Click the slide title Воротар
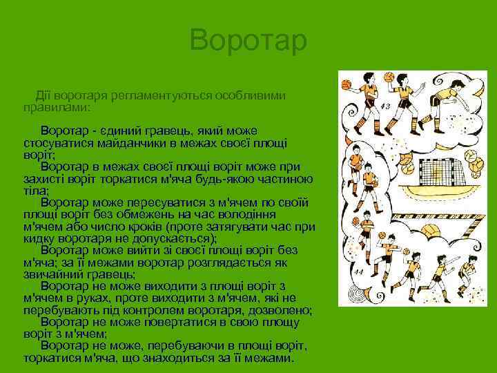coord(248,41)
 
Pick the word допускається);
coord(173,238)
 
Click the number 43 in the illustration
coord(384,106)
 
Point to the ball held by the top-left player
coord(347,84)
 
